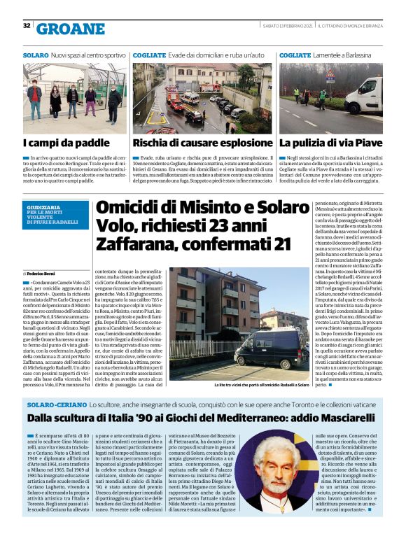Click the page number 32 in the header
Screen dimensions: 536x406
[27, 26]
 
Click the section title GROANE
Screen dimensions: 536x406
[70, 28]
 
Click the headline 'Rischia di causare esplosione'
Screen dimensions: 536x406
[203, 143]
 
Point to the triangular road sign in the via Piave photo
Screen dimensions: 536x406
[330, 74]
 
